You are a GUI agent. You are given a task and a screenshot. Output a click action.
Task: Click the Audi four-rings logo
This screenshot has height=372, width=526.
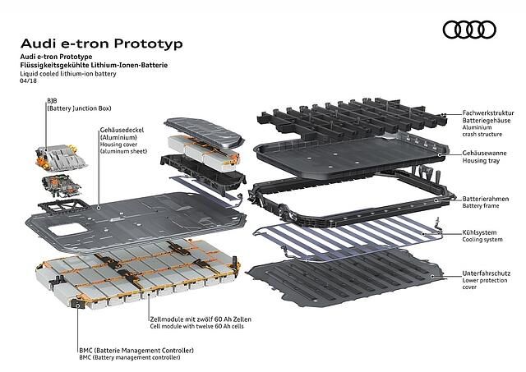(469, 30)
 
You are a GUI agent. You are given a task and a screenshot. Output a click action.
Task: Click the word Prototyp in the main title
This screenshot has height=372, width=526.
(148, 44)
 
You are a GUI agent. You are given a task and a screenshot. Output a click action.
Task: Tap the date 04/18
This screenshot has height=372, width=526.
(28, 80)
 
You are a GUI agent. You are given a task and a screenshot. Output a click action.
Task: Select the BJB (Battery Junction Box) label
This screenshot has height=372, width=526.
(79, 104)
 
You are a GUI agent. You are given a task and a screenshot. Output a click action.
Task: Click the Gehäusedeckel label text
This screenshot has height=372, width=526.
(122, 130)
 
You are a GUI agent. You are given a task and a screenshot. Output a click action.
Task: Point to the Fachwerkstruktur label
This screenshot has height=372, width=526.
(488, 113)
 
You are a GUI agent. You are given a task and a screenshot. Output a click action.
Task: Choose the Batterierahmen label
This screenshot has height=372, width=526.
(486, 199)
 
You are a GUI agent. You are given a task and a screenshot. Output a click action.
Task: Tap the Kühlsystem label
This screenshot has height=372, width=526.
(479, 232)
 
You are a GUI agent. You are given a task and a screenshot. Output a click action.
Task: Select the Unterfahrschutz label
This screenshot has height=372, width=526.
(487, 273)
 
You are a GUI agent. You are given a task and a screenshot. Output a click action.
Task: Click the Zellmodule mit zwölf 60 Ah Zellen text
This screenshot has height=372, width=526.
(201, 319)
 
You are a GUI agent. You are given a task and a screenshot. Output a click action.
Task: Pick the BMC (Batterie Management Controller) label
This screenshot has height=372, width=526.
(136, 351)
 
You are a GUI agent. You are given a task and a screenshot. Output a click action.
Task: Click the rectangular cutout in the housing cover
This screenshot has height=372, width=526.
(67, 229)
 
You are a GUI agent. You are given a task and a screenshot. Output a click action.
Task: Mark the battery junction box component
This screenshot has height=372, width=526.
(61, 158)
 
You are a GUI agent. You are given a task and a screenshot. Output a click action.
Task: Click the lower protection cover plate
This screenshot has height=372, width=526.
(346, 278)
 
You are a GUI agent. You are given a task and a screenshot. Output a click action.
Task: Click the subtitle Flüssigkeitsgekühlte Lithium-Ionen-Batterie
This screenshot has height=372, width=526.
(94, 65)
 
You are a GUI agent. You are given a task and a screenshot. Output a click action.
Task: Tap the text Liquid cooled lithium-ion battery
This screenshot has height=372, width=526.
(68, 74)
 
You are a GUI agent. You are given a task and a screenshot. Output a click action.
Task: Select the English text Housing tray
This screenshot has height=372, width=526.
(481, 160)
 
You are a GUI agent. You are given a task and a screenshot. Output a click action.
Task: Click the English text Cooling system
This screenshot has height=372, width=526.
(482, 240)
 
